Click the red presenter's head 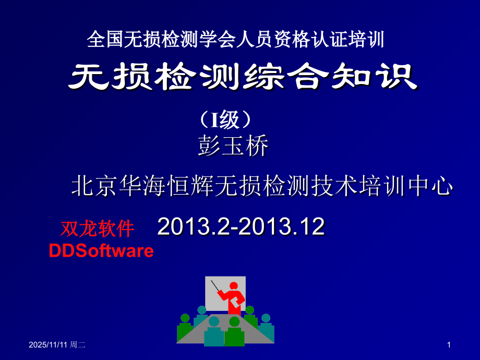coord(234,286)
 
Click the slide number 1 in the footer coord(449,345)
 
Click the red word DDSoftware coord(101,251)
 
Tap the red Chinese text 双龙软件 coord(98,229)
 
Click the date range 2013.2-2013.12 coord(241,226)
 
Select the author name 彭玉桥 coord(233,147)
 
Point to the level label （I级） coord(226,121)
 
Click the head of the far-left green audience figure coord(185,318)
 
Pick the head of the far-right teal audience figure coord(266,318)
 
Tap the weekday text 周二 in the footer coord(78,345)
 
